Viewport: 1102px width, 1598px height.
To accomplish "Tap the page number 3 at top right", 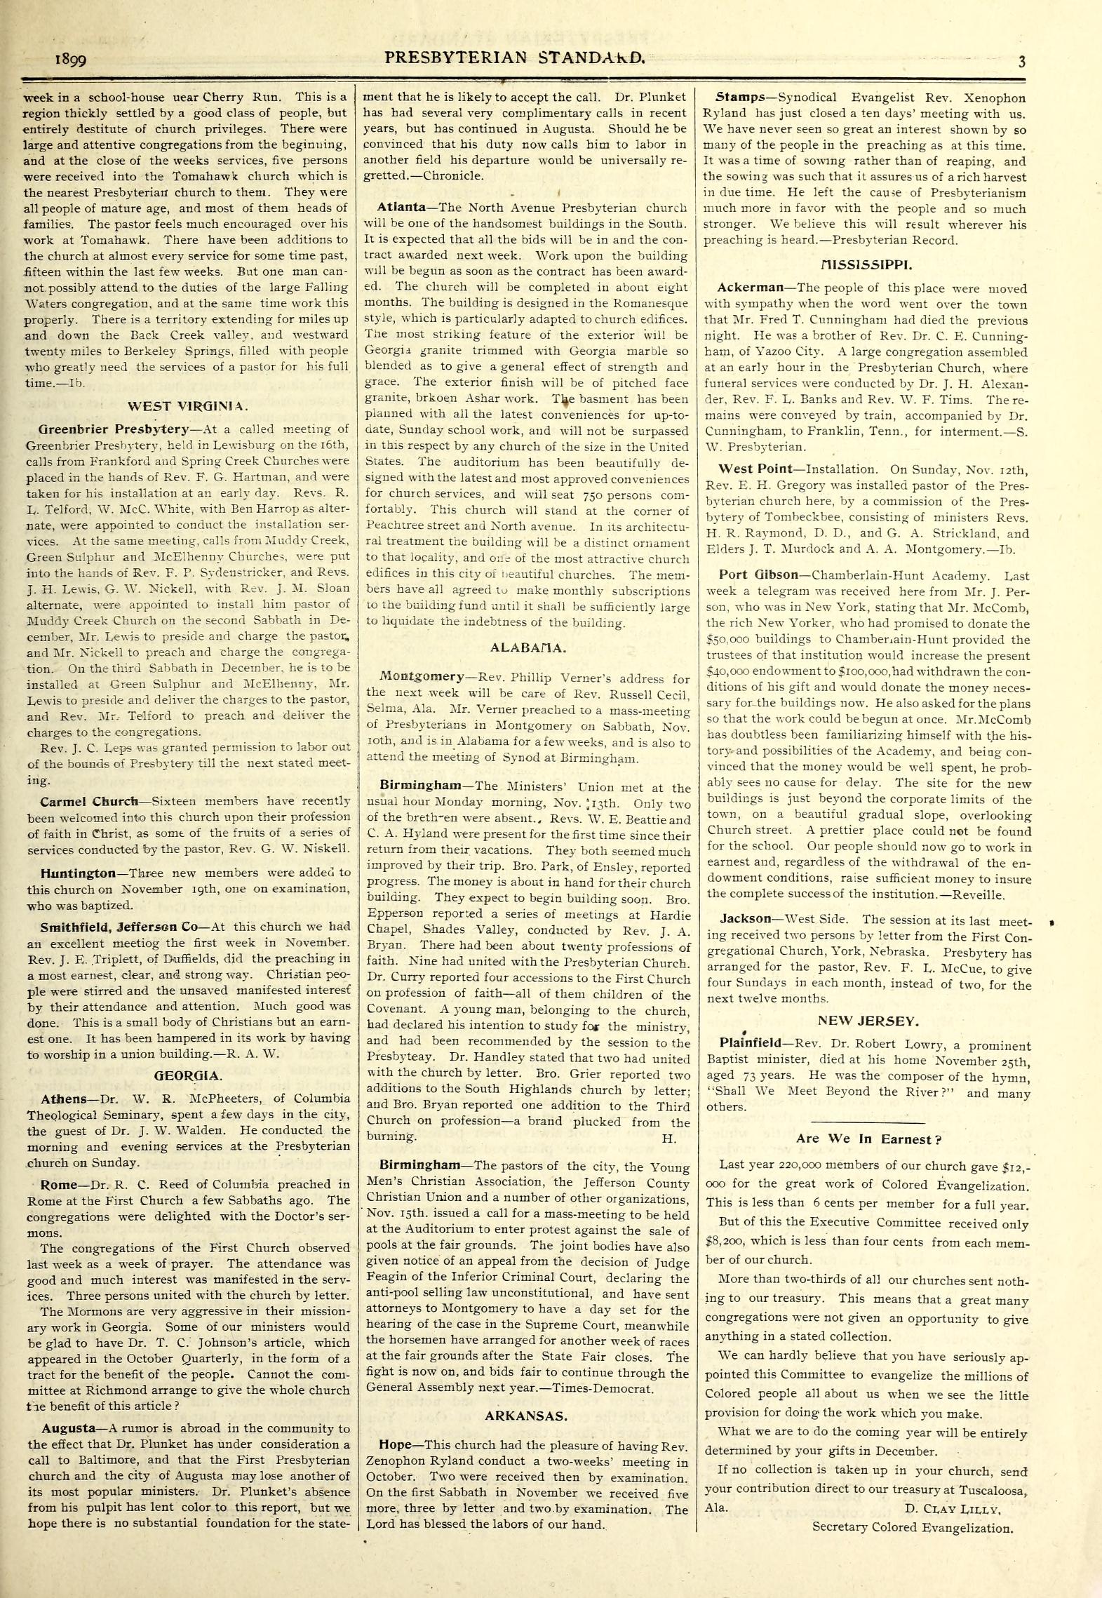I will tap(1022, 61).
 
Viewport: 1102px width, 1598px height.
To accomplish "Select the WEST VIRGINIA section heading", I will tap(187, 405).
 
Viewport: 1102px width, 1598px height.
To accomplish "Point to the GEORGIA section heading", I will tap(188, 1075).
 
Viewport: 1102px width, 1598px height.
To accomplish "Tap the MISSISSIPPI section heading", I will tap(866, 265).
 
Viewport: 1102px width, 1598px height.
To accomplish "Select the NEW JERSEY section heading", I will tap(868, 1021).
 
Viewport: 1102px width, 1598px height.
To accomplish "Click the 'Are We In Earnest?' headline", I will tap(868, 1139).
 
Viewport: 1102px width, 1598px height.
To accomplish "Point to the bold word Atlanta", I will tap(401, 208).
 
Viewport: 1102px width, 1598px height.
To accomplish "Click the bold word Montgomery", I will tap(422, 677).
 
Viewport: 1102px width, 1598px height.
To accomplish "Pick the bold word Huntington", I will tap(78, 873).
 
